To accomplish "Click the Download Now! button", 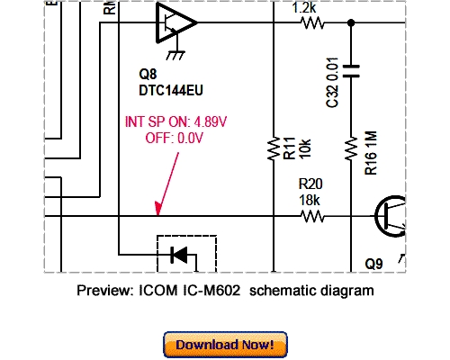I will (225, 344).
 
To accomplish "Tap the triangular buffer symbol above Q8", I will (174, 22).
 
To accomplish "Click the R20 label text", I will (310, 184).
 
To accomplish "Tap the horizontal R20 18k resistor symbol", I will (311, 216).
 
